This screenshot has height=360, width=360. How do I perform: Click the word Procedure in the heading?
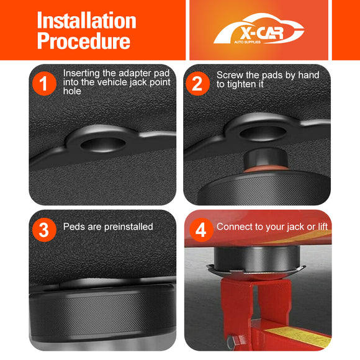coord(83,41)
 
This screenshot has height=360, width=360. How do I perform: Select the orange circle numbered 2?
coord(197,83)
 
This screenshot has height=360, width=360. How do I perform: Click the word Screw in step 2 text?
coord(230,75)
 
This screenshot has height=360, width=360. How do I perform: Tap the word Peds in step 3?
coord(74,227)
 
